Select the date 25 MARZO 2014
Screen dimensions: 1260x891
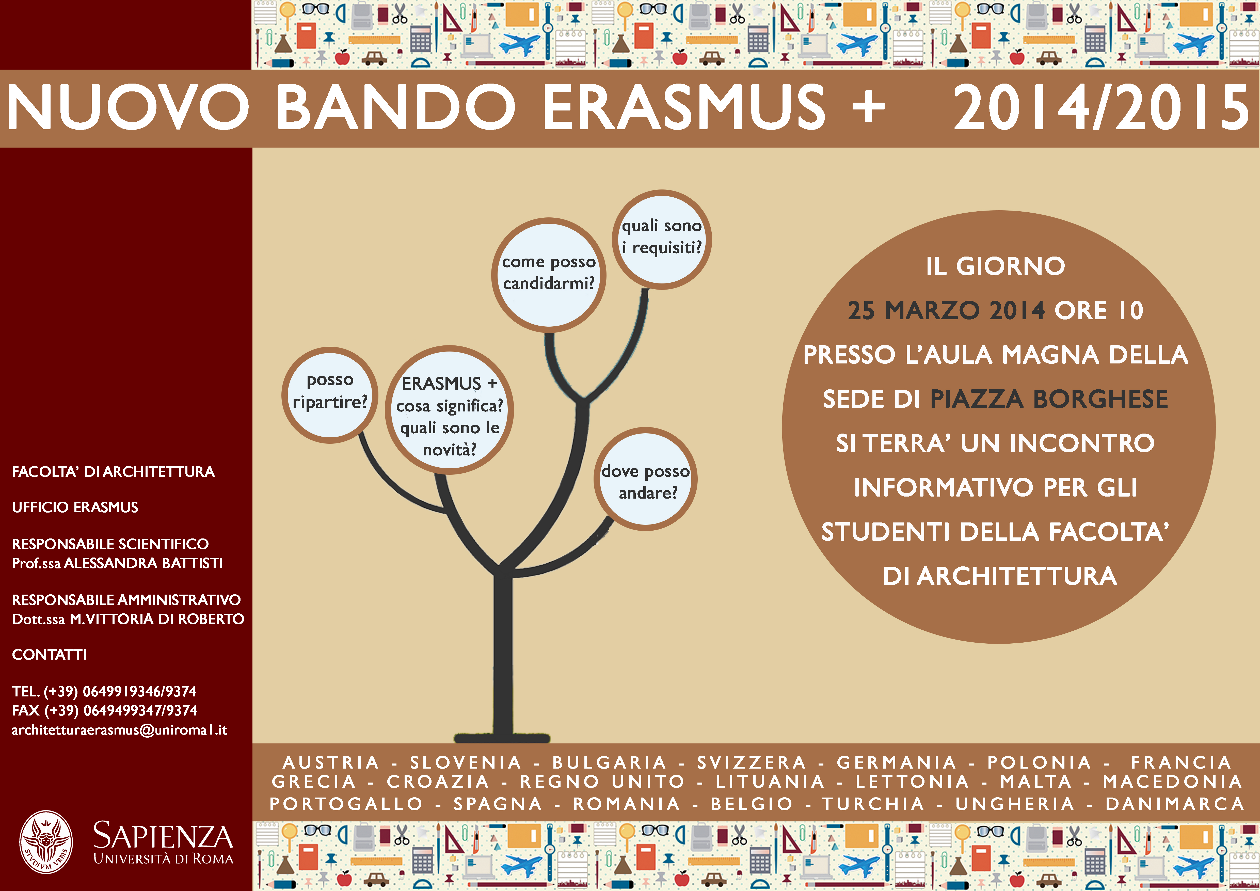click(946, 311)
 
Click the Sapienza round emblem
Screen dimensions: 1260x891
click(46, 842)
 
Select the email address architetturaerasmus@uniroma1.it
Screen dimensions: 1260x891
click(120, 730)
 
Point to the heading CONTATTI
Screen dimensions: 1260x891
click(49, 655)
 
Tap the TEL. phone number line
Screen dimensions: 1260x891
click(104, 691)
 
